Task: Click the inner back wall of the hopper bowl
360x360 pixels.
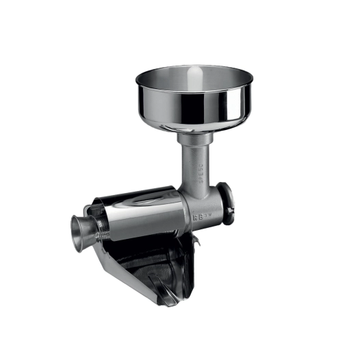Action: (195, 75)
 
